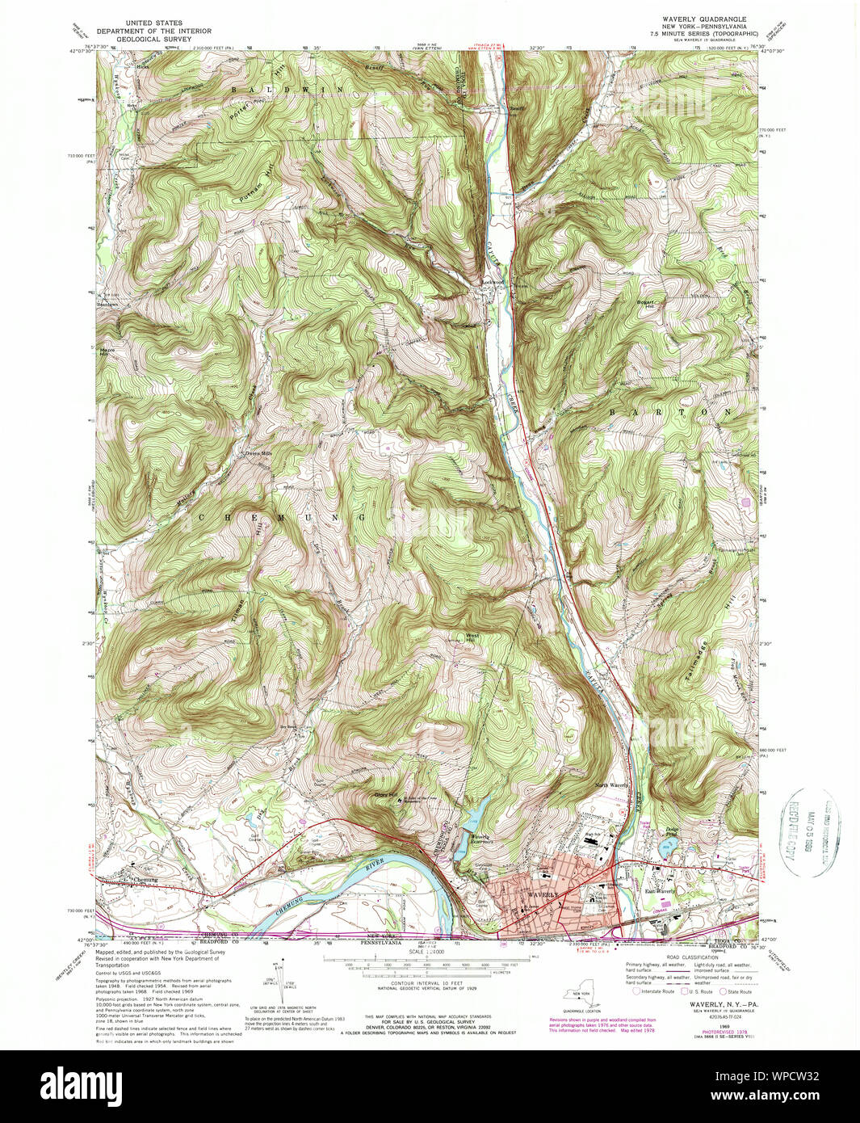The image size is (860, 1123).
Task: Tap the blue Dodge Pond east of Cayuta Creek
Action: coord(668,846)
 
